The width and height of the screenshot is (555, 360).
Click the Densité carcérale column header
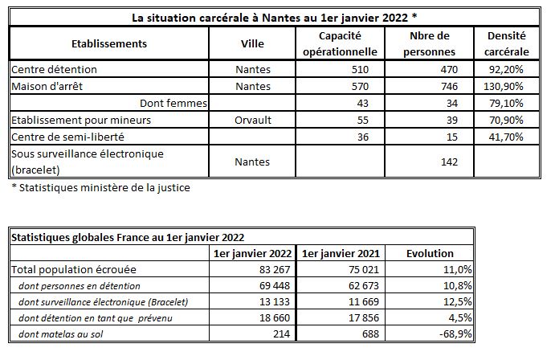[x=507, y=43]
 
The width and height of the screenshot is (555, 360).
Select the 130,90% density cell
[x=504, y=86]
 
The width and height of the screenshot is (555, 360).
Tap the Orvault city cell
[x=253, y=120]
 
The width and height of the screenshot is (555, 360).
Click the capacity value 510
[x=360, y=69]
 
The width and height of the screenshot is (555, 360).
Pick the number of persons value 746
[x=449, y=86]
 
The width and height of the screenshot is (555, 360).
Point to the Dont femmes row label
[x=173, y=103]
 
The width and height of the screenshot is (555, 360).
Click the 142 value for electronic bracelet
[x=449, y=162]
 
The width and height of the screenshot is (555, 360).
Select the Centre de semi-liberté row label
[x=67, y=137]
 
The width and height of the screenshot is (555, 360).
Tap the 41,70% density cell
[x=506, y=137]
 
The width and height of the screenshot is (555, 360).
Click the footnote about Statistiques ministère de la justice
[x=101, y=187]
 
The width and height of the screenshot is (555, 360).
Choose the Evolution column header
[x=430, y=253]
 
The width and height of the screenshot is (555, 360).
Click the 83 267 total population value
[x=275, y=270]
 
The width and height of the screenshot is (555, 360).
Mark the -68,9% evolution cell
[x=455, y=333]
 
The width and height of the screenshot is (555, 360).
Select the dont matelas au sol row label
[x=60, y=333]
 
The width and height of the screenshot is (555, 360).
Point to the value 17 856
[x=364, y=318]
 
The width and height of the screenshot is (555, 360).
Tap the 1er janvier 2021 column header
[x=341, y=253]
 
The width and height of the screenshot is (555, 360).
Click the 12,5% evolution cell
[x=458, y=302]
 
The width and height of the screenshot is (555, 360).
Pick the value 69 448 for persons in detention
[x=275, y=285]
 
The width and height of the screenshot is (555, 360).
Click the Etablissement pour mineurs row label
[x=81, y=120]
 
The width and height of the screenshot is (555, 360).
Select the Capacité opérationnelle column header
[x=341, y=43]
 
